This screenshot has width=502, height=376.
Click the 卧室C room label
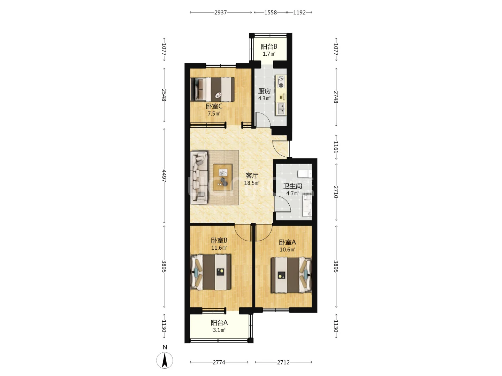click(214, 107)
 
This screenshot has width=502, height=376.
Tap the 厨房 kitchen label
click(264, 91)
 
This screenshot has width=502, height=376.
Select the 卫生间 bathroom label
click(292, 186)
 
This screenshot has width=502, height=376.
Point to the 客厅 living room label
click(252, 175)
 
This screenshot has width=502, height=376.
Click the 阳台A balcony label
click(219, 323)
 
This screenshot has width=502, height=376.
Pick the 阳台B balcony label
click(269, 47)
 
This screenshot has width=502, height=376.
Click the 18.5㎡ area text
click(252, 183)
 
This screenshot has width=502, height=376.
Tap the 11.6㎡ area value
click(219, 248)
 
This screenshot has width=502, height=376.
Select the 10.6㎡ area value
click(287, 250)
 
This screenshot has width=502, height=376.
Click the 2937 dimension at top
click(220, 13)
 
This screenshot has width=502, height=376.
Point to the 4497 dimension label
click(164, 176)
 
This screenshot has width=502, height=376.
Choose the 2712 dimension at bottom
click(283, 362)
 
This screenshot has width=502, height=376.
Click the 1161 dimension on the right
click(335, 147)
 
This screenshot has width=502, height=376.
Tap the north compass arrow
click(165, 360)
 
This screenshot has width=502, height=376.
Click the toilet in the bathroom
click(305, 173)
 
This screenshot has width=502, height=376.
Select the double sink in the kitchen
click(281, 109)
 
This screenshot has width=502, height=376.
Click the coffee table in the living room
click(222, 177)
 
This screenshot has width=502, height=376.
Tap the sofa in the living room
click(199, 178)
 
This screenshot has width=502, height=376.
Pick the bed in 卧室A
click(291, 275)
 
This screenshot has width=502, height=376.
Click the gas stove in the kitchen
click(281, 82)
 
